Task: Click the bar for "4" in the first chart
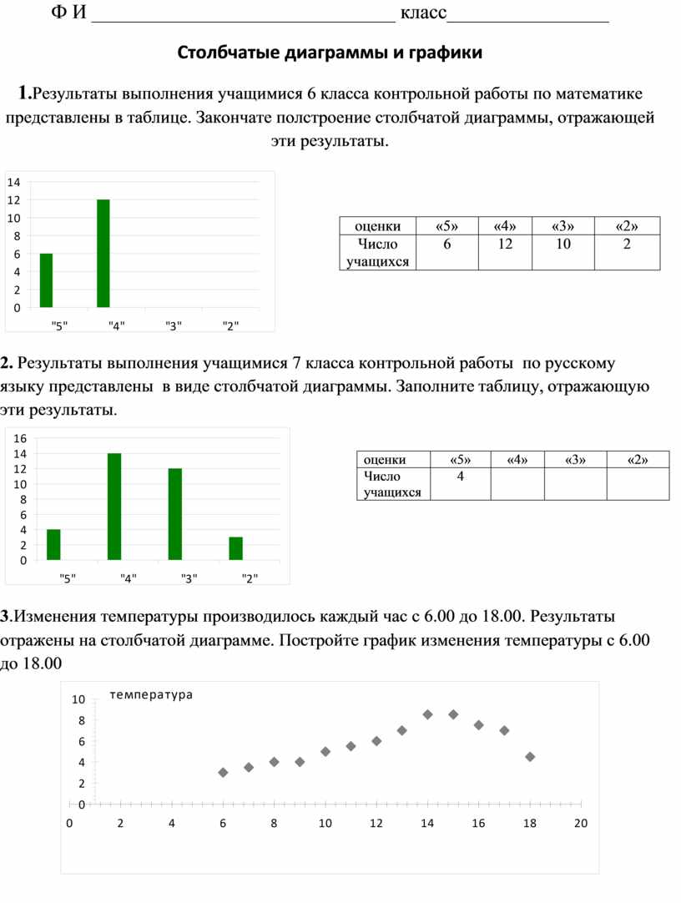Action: (x=103, y=254)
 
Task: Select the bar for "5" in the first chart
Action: (x=46, y=280)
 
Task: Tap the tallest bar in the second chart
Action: (x=114, y=507)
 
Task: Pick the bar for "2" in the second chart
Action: (x=236, y=548)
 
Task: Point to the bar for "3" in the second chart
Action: (x=175, y=514)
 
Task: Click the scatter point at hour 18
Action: (x=530, y=757)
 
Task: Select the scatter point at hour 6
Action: (x=223, y=773)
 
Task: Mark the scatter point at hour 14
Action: (x=427, y=714)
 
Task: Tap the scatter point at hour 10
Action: (x=325, y=752)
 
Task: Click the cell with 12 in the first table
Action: (x=505, y=245)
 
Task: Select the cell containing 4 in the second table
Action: (x=460, y=477)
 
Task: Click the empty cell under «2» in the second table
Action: (x=638, y=483)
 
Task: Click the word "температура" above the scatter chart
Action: (x=151, y=694)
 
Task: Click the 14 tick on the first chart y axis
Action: (x=13, y=181)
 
